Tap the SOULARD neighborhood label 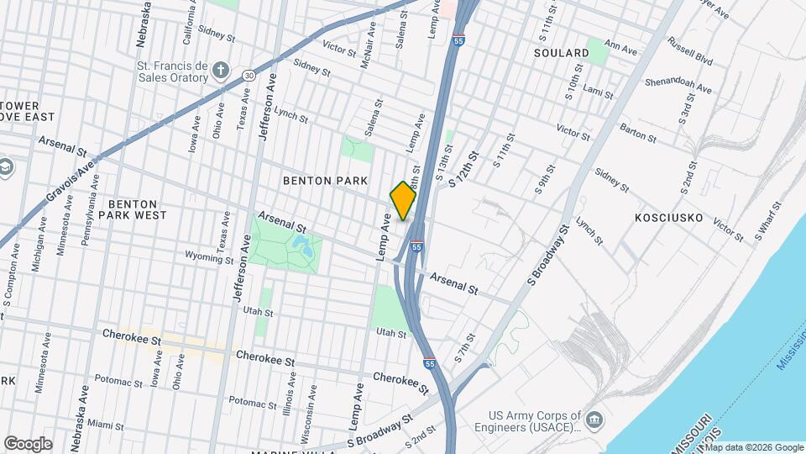[561, 53]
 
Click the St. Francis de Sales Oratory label [171, 71]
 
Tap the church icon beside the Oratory [221, 71]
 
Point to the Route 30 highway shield [249, 75]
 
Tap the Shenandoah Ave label [678, 86]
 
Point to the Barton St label [636, 130]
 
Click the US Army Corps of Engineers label [536, 420]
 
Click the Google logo [28, 443]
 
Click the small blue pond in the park [301, 246]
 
